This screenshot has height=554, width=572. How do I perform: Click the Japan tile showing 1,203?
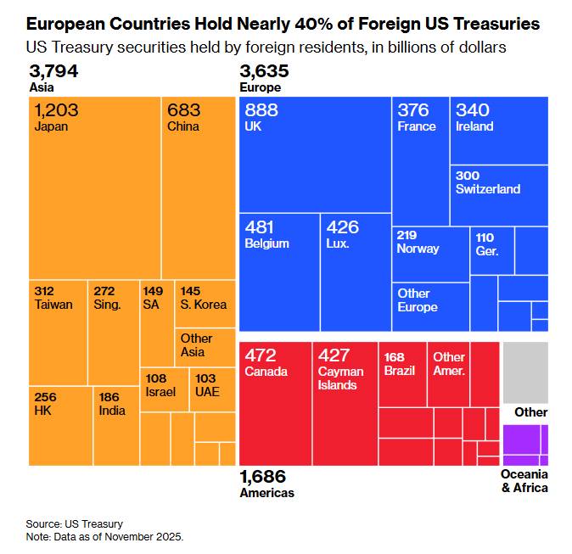pyautogui.click(x=95, y=187)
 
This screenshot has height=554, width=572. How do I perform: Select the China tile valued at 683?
pyautogui.click(x=199, y=187)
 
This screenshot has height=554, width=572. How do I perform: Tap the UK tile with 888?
pyautogui.click(x=315, y=154)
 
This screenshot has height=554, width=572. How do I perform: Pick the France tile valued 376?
pyautogui.click(x=420, y=160)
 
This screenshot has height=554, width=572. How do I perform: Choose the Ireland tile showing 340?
pyautogui.click(x=499, y=130)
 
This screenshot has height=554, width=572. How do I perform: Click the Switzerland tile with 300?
pyautogui.click(x=499, y=195)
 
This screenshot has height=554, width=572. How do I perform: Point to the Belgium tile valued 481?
pyautogui.click(x=279, y=271)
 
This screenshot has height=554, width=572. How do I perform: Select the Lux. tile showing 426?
pyautogui.click(x=355, y=271)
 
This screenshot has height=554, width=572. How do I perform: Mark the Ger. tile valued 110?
pyautogui.click(x=492, y=250)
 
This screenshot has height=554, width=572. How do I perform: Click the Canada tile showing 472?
pyautogui.click(x=276, y=403)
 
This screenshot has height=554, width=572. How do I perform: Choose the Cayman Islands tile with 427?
pyautogui.click(x=345, y=403)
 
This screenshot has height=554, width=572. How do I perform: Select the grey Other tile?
pyautogui.click(x=525, y=372)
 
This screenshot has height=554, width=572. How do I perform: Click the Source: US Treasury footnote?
pyautogui.click(x=75, y=524)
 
